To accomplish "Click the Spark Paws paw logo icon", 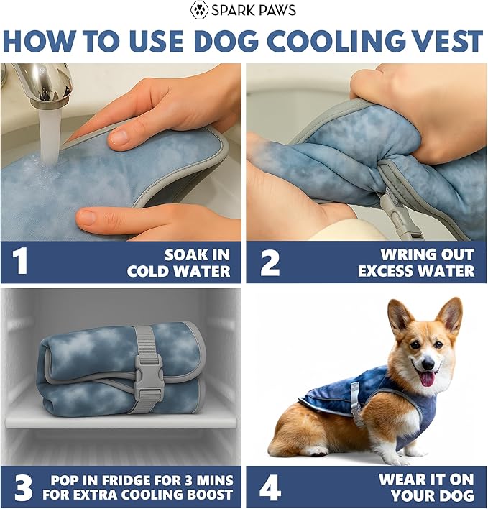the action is tap(198, 10).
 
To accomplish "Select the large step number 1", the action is tap(20, 262).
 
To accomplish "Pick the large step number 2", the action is tap(270, 264).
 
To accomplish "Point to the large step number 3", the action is tap(24, 488).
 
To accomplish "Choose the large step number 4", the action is tap(270, 488).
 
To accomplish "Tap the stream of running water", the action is tap(50, 137).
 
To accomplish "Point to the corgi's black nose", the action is tap(428, 364).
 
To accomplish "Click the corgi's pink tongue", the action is tap(428, 378).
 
